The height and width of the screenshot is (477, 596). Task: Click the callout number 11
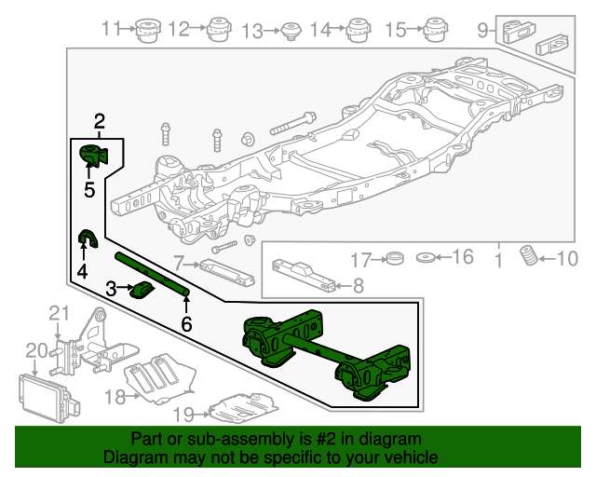(x=112, y=29)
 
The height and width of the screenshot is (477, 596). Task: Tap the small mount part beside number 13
(x=290, y=30)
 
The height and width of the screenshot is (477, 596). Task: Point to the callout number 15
(x=396, y=30)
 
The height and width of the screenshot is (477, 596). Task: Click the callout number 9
(x=482, y=30)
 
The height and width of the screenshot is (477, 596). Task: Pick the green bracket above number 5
(x=93, y=157)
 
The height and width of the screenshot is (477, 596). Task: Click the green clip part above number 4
(x=87, y=240)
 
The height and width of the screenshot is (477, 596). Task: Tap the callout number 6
(x=186, y=324)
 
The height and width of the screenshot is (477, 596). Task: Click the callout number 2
(x=99, y=119)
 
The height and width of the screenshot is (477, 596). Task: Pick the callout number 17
(x=360, y=258)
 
